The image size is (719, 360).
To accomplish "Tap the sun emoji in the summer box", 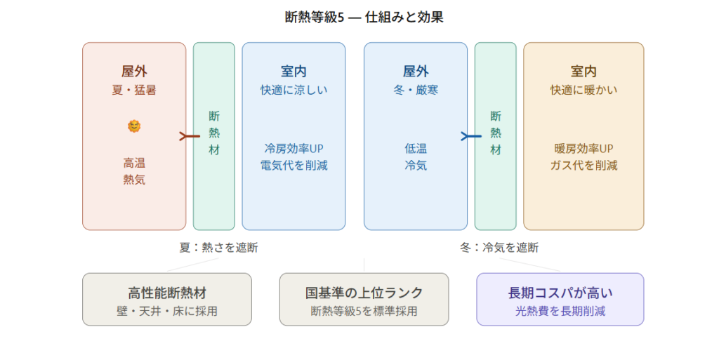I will [x=134, y=126].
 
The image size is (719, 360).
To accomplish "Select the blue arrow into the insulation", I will [x=471, y=136].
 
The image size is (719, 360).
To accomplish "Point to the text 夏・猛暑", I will [x=134, y=90].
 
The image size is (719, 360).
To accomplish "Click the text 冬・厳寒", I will [x=415, y=90].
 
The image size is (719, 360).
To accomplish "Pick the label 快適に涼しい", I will [x=293, y=90].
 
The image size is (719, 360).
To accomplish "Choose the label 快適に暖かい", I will [x=583, y=90].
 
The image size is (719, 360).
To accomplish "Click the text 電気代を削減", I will [x=293, y=166].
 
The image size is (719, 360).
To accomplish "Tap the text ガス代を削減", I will [x=583, y=166].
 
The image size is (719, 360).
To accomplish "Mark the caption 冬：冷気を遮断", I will [x=499, y=247].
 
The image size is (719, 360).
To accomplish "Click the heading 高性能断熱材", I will [x=167, y=293].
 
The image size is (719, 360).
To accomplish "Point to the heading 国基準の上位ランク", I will [x=364, y=293].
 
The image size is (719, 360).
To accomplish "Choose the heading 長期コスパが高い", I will [x=560, y=293].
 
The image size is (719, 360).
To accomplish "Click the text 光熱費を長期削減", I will [x=560, y=311].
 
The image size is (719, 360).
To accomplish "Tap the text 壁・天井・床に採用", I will [x=167, y=311].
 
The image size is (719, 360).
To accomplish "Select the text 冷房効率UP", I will [x=293, y=149].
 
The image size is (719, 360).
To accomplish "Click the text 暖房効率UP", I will [x=583, y=149].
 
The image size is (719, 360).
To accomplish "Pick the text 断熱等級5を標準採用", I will [x=364, y=311].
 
